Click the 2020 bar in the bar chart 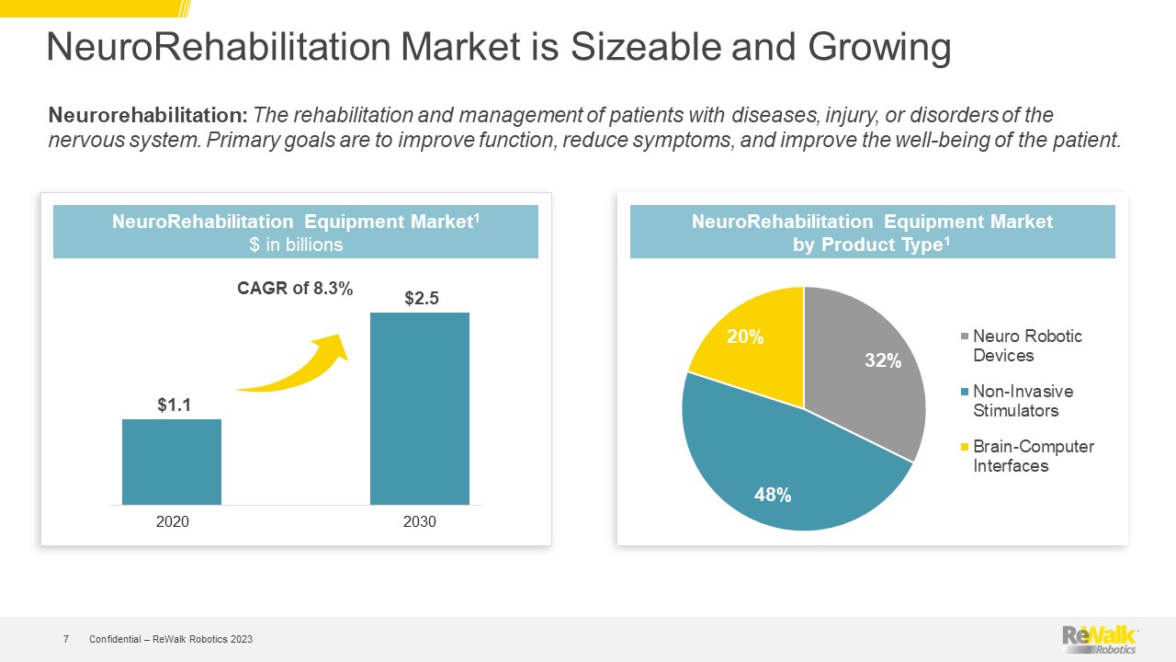point(172,462)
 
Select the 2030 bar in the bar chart point(420,408)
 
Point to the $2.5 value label point(421,298)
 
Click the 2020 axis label point(173,522)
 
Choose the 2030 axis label point(420,522)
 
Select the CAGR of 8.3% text point(295,289)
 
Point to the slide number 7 point(66,639)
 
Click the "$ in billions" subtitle point(296,245)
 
